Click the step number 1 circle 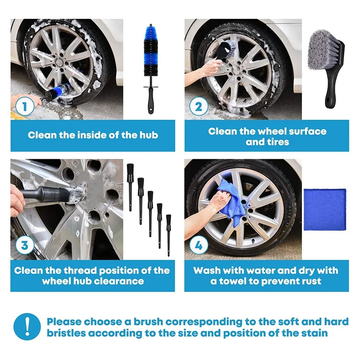tap(25, 107)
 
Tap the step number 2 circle tap(198, 107)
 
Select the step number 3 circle tap(25, 245)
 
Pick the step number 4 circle tap(198, 245)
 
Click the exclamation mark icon tap(27, 327)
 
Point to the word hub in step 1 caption tap(149, 135)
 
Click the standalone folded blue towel tap(324, 209)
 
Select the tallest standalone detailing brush tap(130, 187)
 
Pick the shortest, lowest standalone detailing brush tap(168, 235)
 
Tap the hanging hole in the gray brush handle tap(328, 100)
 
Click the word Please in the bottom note tap(64, 322)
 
